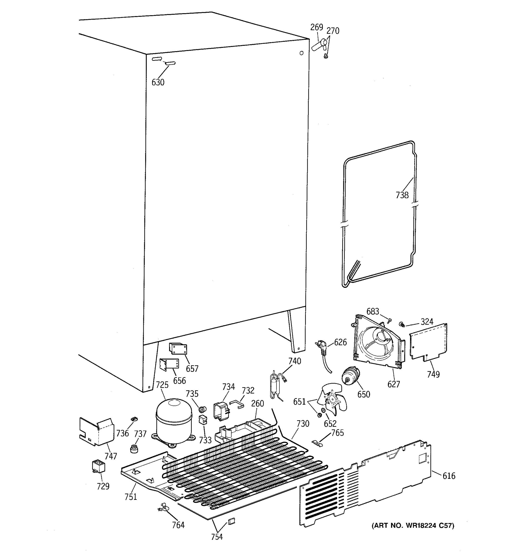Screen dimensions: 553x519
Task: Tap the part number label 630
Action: pyautogui.click(x=158, y=82)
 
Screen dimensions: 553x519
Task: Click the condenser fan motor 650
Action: pyautogui.click(x=350, y=376)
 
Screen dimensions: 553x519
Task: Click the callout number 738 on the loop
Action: pyautogui.click(x=402, y=195)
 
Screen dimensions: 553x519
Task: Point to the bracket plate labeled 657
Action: pyautogui.click(x=178, y=349)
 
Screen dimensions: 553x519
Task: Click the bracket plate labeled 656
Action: pyautogui.click(x=169, y=364)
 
